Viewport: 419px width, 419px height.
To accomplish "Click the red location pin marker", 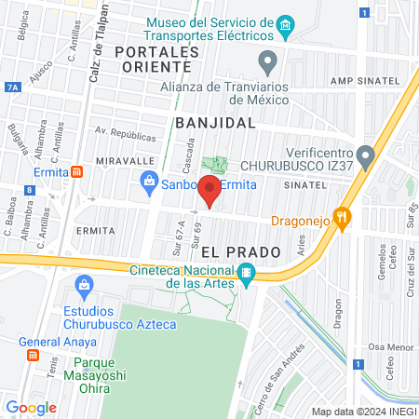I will click(210, 193).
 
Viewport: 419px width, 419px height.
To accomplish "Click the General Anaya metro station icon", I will click(33, 355).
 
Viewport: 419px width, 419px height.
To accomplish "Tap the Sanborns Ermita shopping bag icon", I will click(148, 183).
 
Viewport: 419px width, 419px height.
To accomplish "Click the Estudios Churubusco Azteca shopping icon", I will click(86, 283).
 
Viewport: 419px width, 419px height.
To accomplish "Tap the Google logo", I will click(32, 407).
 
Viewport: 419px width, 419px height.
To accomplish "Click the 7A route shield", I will click(12, 87).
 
